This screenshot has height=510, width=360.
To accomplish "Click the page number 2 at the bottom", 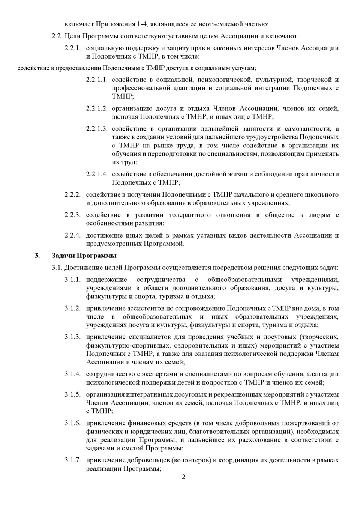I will coord(183,477).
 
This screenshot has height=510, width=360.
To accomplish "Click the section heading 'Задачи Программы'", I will coord(84,256).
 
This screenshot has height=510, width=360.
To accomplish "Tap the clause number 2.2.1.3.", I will coord(97,129).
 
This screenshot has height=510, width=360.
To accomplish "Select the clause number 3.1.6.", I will coord(72,423).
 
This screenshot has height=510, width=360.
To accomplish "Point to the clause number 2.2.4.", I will coord(72,235).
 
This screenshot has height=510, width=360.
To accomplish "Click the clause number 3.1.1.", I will coord(72,280).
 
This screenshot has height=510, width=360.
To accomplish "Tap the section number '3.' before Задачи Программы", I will coord(37,256).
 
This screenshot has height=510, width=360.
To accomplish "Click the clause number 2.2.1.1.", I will coord(97,80).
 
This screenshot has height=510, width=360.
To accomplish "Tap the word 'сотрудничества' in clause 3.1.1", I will coord(161,280).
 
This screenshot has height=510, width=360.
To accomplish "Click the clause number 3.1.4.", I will coord(72,374).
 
